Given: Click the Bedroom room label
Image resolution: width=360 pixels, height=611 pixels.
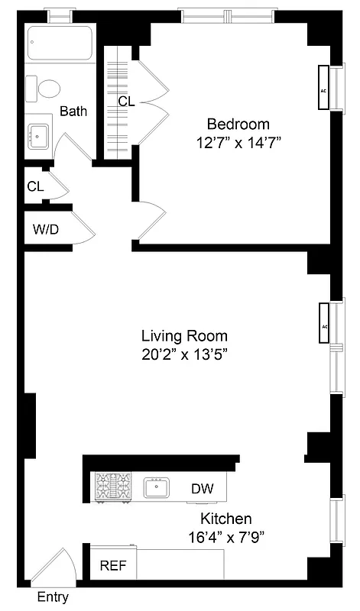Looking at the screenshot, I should [239, 124].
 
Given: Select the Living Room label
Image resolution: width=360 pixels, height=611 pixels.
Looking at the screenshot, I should [184, 335].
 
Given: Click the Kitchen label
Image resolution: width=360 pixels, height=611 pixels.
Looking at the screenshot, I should [227, 519].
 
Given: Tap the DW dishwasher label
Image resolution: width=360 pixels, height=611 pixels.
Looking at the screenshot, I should [203, 489].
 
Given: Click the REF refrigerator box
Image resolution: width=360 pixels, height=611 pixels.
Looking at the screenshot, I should [114, 566].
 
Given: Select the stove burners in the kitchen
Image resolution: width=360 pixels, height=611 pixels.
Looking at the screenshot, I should [112, 487].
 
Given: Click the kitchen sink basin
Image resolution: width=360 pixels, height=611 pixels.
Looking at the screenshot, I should [157, 487].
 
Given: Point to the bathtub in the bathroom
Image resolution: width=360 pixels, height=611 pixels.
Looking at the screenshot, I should [60, 44].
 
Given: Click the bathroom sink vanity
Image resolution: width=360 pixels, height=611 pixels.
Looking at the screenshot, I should [37, 137].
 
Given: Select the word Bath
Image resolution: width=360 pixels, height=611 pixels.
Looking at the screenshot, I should [73, 111].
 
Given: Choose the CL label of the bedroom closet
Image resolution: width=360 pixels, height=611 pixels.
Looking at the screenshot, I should [126, 101].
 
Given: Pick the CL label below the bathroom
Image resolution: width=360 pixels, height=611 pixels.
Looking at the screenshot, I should [35, 186].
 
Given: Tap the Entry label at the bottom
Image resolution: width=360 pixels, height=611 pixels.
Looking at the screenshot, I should [53, 598].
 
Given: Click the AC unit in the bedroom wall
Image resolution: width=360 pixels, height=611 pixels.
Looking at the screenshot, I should [324, 89].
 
